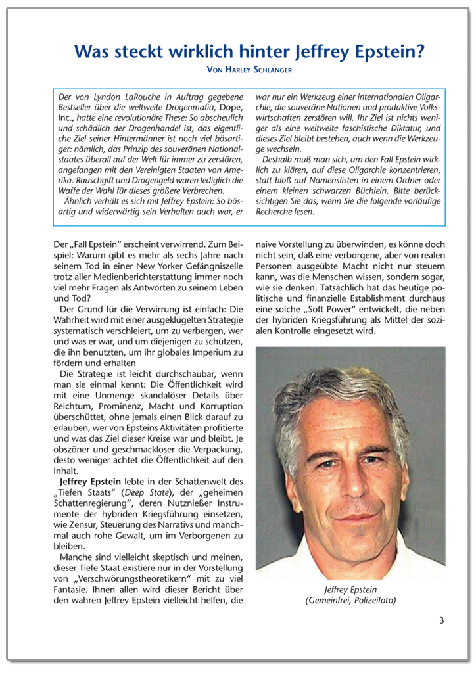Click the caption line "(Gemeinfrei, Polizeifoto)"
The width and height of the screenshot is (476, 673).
[x=350, y=600]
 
